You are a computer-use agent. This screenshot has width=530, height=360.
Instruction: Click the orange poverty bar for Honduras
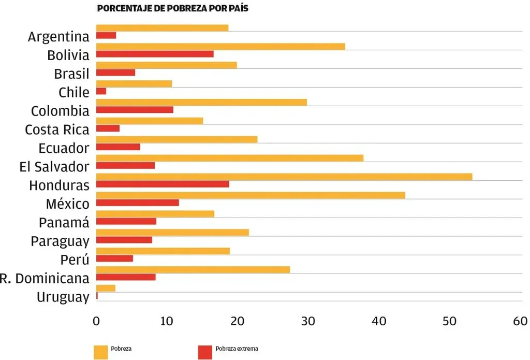(x=284, y=177)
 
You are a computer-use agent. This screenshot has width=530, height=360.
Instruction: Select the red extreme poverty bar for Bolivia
(x=155, y=54)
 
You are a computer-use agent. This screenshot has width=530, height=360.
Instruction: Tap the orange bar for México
(x=251, y=195)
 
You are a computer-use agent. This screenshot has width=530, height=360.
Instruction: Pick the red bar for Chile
(x=101, y=91)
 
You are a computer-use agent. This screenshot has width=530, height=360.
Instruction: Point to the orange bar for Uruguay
(x=106, y=288)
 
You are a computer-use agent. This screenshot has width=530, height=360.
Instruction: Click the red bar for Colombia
(x=135, y=110)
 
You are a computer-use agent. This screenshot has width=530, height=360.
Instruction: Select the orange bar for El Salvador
(x=230, y=158)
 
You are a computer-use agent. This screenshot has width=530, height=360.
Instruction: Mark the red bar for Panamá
(x=126, y=221)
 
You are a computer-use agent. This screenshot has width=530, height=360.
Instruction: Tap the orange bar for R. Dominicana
(x=193, y=269)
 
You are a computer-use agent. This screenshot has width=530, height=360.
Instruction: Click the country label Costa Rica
(x=57, y=129)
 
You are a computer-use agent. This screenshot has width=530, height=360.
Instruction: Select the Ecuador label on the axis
(x=64, y=148)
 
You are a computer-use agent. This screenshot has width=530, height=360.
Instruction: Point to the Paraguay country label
(x=60, y=241)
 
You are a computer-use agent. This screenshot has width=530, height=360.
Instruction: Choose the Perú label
(x=71, y=260)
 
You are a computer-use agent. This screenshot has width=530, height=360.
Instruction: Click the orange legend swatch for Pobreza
(x=101, y=351)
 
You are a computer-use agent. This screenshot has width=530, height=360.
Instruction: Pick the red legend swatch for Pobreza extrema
(x=205, y=351)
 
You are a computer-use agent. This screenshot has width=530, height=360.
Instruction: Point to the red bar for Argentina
(x=106, y=35)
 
